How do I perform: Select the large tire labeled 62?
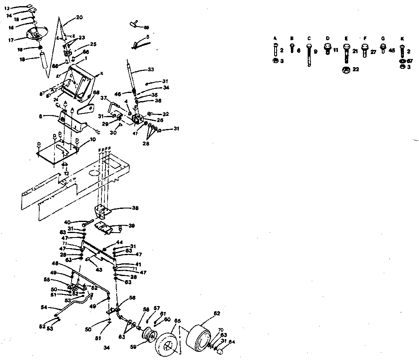click(199, 332)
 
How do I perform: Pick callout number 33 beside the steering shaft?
click(151, 70)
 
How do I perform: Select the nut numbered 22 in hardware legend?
click(355, 70)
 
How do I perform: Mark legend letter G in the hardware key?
click(383, 38)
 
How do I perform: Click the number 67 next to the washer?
click(410, 61)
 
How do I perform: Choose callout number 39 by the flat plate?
click(132, 226)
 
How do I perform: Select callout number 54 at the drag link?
click(44, 307)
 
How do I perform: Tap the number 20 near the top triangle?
click(79, 18)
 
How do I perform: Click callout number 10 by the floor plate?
click(93, 140)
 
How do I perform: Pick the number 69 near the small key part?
click(146, 27)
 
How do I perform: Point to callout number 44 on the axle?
click(119, 242)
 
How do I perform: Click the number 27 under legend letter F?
click(373, 52)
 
